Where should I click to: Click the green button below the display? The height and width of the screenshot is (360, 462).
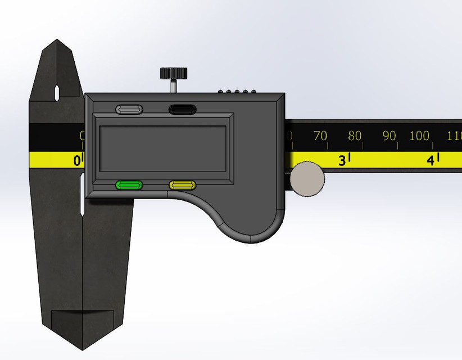click(129, 185)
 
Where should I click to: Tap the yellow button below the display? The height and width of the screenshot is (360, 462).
click(183, 185)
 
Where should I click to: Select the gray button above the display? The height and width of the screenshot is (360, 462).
click(129, 109)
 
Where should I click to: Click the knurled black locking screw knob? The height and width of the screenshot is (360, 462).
click(174, 73)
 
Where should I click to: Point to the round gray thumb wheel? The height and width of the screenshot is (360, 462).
click(307, 179)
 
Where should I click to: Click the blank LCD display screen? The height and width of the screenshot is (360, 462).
click(162, 148)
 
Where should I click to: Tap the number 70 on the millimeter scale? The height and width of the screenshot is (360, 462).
click(320, 136)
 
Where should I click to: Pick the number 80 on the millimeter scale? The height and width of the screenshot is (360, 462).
click(355, 136)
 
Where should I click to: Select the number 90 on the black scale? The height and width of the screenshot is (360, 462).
click(389, 136)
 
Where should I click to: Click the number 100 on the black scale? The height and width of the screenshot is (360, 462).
click(419, 136)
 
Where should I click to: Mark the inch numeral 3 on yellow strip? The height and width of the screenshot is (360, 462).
click(342, 161)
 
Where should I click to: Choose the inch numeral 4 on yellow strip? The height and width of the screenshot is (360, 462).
click(431, 161)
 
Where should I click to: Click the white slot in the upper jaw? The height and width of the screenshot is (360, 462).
click(56, 91)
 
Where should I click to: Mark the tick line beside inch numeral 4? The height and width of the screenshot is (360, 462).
click(438, 157)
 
